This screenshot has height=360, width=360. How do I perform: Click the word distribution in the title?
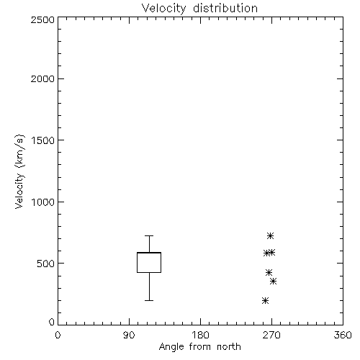coord(225,9)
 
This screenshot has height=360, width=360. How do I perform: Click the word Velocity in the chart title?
coord(164,9)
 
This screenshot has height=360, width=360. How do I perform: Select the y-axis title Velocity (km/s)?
coord(19,171)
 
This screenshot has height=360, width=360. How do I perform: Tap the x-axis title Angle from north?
coord(199,346)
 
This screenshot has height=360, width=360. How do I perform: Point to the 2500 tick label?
coord(42,19)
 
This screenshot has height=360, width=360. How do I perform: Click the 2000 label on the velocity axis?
coord(42,78)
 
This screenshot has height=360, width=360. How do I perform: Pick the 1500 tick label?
coord(43,140)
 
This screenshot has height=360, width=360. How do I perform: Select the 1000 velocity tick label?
coord(43,202)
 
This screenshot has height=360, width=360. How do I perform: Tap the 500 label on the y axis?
coord(46,264)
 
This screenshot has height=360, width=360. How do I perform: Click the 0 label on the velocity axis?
coord(52,322)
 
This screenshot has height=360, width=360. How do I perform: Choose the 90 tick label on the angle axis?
coord(129,335)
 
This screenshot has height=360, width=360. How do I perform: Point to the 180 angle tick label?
coord(200,335)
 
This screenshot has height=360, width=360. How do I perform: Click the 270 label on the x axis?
coord(271,335)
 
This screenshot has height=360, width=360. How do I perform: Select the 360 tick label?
coord(343,335)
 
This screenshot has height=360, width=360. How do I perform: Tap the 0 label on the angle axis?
coord(58,335)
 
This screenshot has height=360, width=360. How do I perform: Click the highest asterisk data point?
coord(271,235)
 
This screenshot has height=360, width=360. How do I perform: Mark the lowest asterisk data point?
coord(265,300)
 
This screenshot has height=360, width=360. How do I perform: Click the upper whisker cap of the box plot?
coord(149,236)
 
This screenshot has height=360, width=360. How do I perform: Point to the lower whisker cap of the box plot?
coord(149,300)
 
